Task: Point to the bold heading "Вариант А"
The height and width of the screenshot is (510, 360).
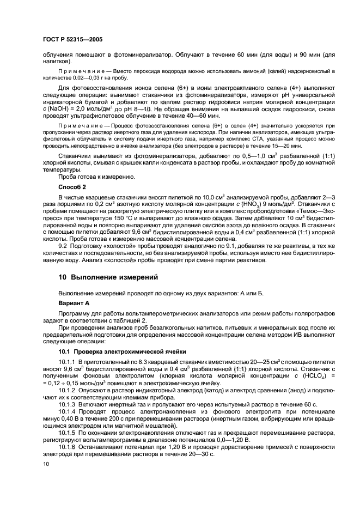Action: pyautogui.click(x=75, y=302)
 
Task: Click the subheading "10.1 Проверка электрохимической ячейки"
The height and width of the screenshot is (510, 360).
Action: pyautogui.click(x=123, y=352)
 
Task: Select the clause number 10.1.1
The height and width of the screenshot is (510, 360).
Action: pyautogui.click(x=68, y=361)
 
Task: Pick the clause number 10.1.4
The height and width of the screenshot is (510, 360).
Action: pyautogui.click(x=68, y=412)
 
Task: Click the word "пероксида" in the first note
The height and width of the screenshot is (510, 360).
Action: pyautogui.click(x=132, y=71)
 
